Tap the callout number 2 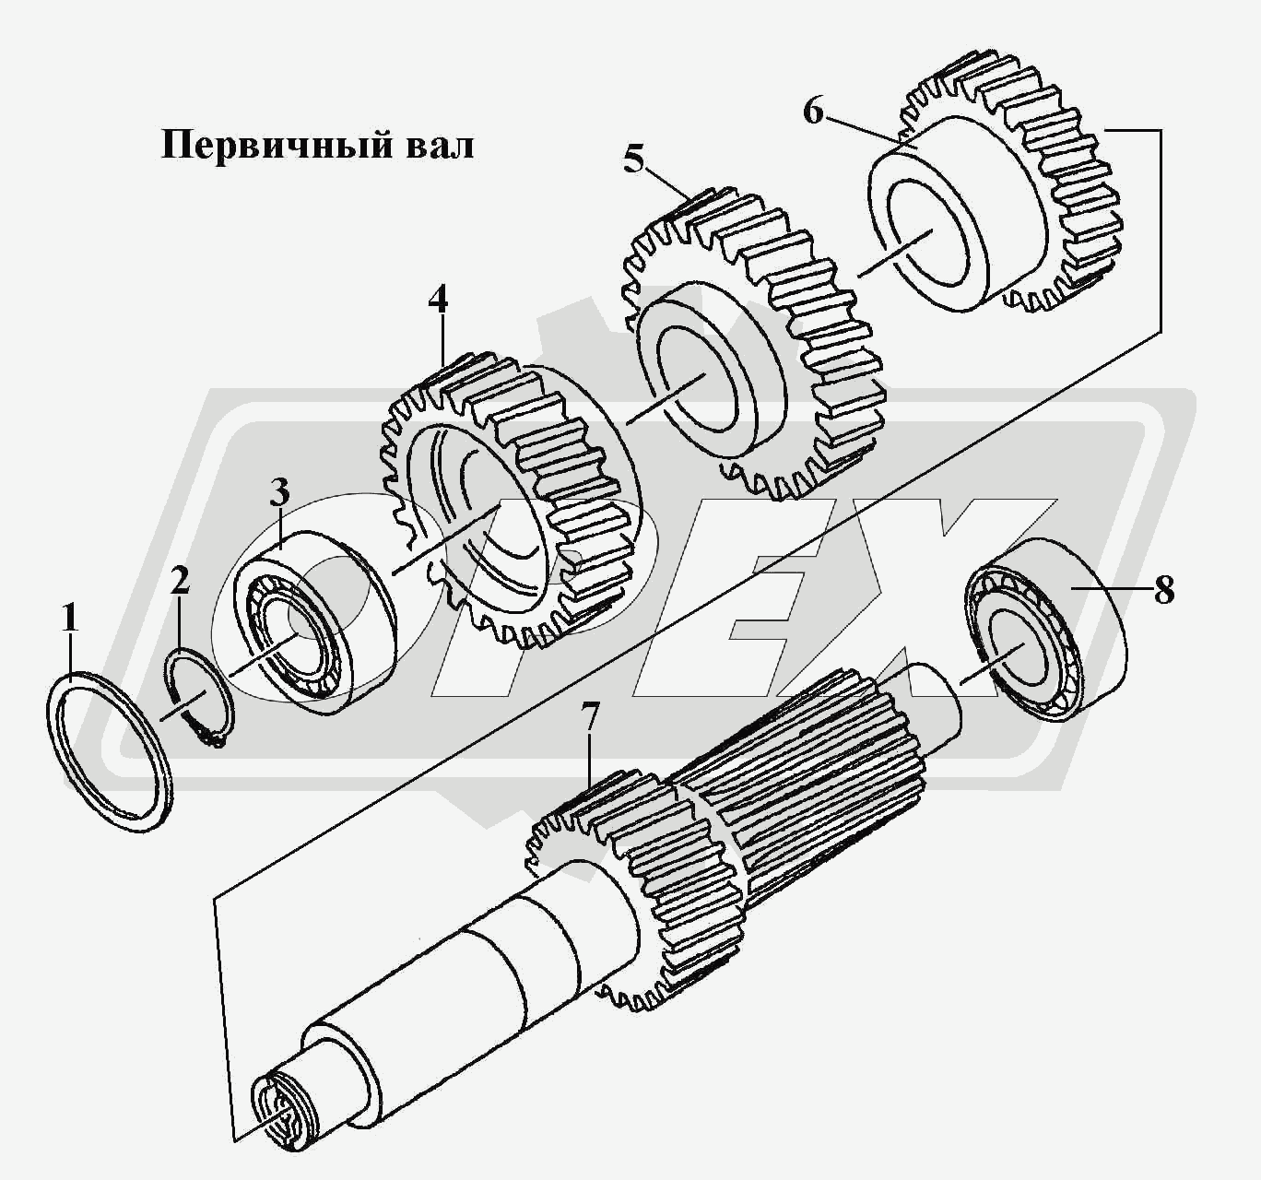[180, 581]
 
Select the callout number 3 [280, 493]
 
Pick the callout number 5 [634, 159]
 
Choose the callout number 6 [813, 112]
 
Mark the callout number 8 [1163, 590]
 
